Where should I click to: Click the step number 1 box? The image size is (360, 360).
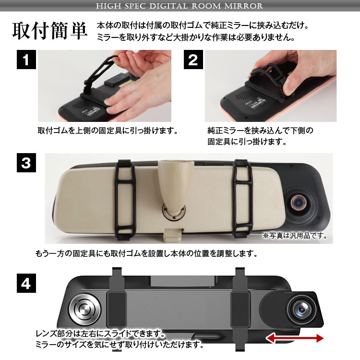pos(26,60)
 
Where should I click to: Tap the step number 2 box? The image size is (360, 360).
pos(193,60)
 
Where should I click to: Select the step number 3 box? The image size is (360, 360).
pos(26,163)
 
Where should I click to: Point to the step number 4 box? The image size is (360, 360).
pos(26,283)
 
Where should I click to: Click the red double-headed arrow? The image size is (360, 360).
pos(295,338)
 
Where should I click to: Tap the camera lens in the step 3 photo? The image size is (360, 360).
pos(299,203)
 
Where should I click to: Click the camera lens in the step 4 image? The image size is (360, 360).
pos(301,310)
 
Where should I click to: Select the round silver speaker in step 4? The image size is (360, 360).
pos(84,309)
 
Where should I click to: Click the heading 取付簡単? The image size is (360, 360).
pos(50,31)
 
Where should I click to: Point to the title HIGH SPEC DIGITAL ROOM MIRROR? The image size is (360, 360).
pos(180,6)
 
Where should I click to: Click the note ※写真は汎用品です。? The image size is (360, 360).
pos(295,236)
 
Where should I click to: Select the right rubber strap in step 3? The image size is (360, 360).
pos(243,199)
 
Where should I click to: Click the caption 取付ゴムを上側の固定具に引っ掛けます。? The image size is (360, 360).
pos(108,131)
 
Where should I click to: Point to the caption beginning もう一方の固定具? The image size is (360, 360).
pos(146,253)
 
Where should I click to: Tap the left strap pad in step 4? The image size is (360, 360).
pos(117,309)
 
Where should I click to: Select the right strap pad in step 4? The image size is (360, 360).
pos(240,309)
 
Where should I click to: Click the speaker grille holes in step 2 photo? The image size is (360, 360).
pos(243,95)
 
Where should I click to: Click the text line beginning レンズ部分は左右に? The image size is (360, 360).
pos(100,334)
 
